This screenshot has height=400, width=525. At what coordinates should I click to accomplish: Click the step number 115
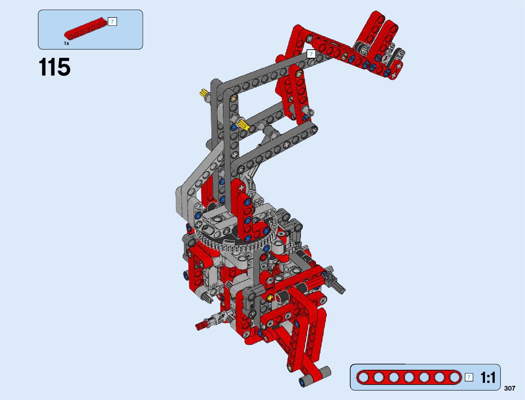[x=55, y=67]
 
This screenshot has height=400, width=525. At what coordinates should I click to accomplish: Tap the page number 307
[x=510, y=388]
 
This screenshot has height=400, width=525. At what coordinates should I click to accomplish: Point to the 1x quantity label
[x=66, y=43]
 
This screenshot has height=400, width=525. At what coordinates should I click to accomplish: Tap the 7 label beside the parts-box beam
[x=112, y=22]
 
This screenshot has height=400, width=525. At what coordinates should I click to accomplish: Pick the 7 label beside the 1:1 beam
[x=469, y=377]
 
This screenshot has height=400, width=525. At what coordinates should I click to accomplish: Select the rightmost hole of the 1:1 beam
[x=454, y=377]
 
